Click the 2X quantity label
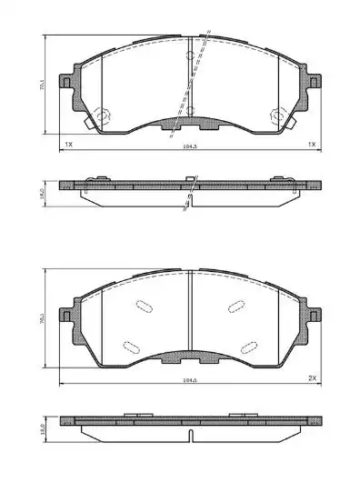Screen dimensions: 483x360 tap(311, 377)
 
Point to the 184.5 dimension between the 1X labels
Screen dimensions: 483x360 tap(190, 144)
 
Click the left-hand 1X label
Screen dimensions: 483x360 tap(67, 144)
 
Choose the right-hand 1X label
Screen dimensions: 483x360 tap(311, 144)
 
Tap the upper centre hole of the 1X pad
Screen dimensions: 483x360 tap(189, 56)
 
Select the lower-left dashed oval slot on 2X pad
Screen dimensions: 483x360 tap(130, 345)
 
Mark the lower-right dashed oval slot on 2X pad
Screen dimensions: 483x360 tap(248, 345)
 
